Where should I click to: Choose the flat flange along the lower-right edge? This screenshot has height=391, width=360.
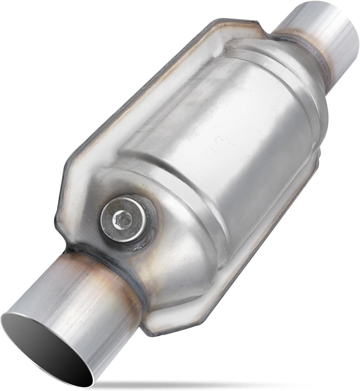pyautogui.click(x=253, y=253)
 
